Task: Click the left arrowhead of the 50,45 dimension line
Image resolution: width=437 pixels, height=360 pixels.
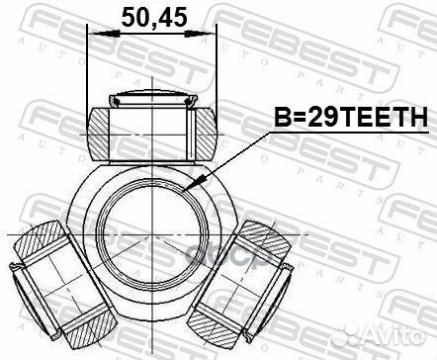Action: click(x=95, y=37)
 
